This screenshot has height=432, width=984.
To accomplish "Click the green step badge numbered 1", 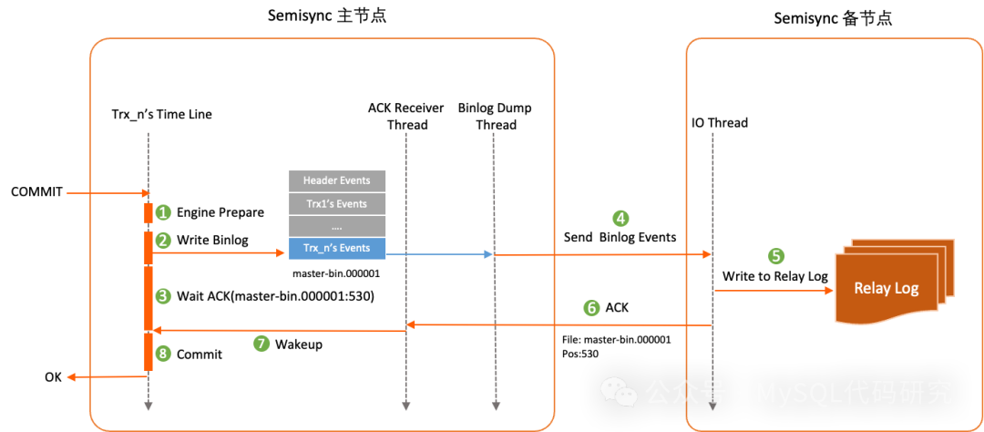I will [x=163, y=213].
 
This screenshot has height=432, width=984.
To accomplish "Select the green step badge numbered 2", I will [x=163, y=242].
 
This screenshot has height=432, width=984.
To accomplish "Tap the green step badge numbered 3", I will [x=163, y=296].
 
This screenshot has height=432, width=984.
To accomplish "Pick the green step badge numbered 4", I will [x=620, y=219].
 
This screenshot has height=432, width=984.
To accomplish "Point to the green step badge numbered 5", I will [x=776, y=257].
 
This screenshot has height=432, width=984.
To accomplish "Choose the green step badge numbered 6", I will [x=591, y=309].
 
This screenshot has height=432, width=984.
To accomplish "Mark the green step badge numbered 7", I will [x=261, y=344].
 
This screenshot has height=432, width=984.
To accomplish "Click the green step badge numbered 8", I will [x=163, y=354].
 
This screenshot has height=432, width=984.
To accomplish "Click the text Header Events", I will [x=337, y=180].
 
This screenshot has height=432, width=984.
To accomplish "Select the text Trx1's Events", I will [x=337, y=204].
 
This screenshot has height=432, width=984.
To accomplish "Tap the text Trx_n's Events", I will [x=337, y=248].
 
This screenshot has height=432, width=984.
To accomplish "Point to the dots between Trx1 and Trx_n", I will [x=337, y=226].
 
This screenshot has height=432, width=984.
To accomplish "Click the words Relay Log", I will [x=887, y=289].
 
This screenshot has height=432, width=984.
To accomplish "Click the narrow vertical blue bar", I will [x=488, y=287].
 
